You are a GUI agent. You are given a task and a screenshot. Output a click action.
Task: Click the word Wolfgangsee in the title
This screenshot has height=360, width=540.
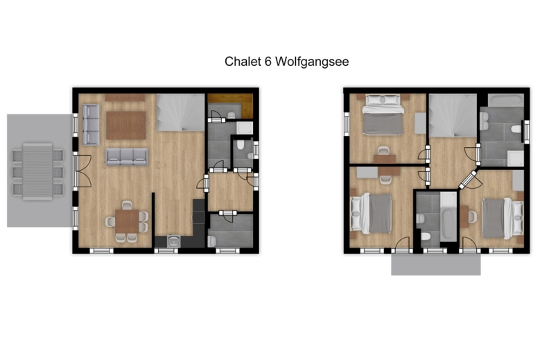(313, 62)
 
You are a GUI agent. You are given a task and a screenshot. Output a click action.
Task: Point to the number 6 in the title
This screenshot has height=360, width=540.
(268, 61)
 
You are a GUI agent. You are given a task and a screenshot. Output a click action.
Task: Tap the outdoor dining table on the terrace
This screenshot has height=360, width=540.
(37, 171)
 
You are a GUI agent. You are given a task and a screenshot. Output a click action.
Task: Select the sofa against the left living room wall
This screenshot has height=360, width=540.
(91, 124)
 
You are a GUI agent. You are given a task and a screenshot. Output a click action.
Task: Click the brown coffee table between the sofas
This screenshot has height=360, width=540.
(125, 125)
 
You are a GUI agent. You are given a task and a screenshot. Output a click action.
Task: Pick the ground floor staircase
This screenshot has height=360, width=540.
(181, 112)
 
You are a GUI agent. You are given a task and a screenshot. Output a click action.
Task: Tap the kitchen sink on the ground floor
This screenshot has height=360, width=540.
(173, 241)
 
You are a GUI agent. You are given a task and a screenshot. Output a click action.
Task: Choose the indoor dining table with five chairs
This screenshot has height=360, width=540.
(127, 221)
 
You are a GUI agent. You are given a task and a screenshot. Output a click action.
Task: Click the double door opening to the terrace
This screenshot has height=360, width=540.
(82, 171)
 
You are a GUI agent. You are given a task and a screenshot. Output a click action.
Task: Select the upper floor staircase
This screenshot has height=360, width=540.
(453, 115)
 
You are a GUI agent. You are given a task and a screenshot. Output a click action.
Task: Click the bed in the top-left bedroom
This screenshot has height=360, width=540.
(383, 114)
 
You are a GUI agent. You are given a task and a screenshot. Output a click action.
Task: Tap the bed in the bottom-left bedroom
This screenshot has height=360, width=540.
(372, 213)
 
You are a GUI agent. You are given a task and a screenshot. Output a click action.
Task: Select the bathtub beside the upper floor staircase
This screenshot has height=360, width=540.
(505, 101)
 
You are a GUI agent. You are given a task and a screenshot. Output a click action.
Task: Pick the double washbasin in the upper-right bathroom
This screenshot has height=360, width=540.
(484, 121)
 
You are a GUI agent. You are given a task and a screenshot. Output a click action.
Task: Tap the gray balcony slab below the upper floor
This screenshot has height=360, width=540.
(435, 264)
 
